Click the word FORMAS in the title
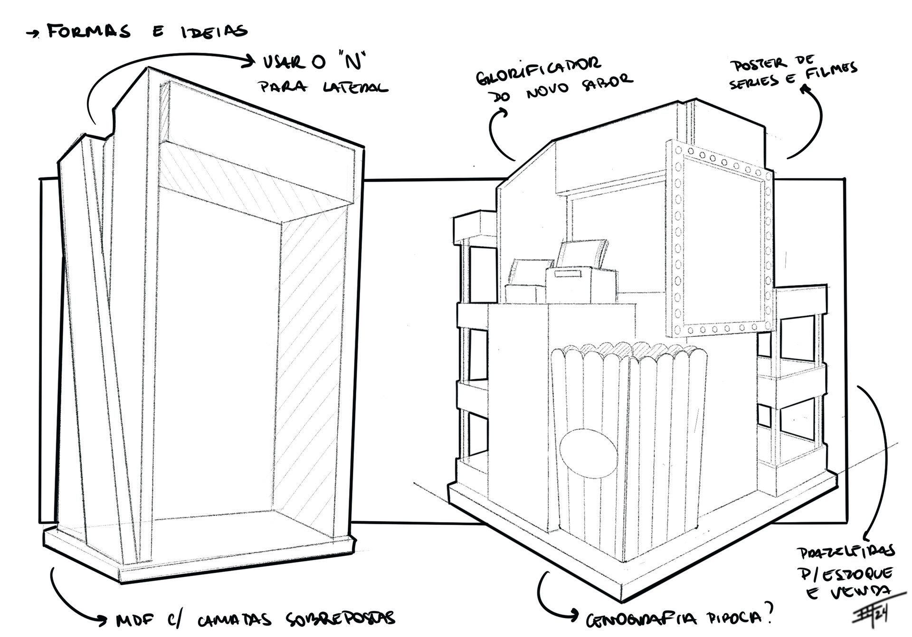(x=88, y=32)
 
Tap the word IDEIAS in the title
(x=214, y=31)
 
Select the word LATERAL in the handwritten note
(x=355, y=87)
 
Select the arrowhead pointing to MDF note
(x=105, y=619)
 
